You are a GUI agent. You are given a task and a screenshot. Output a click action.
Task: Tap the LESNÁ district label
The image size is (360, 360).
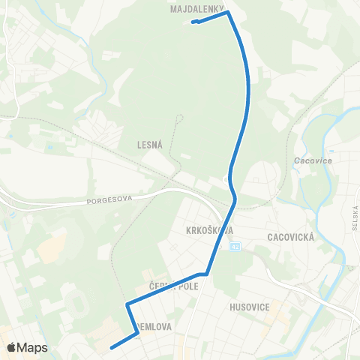(151, 145)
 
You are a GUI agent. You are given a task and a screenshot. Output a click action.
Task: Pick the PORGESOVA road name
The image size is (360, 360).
(109, 200)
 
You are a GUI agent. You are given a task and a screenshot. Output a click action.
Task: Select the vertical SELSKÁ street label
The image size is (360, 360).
(353, 217)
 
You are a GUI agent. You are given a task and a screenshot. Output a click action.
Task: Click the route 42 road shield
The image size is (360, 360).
(235, 245)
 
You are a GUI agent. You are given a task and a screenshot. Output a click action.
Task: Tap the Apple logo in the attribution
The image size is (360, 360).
(11, 348)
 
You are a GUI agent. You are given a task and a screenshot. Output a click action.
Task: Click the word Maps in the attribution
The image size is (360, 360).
(33, 348)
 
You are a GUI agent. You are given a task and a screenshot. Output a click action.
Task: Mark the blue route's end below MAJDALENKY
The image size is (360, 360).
(194, 22)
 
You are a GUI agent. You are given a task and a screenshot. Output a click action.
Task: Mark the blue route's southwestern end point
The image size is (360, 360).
(112, 347)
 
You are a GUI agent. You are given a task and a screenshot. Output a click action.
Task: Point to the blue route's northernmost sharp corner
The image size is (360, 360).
(227, 12)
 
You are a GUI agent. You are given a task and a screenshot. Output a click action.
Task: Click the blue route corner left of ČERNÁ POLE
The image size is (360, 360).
(127, 304)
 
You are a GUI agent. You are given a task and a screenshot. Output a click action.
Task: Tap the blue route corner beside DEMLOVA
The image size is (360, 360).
(137, 334)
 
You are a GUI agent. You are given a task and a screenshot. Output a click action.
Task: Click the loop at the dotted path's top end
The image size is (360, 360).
(180, 116)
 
